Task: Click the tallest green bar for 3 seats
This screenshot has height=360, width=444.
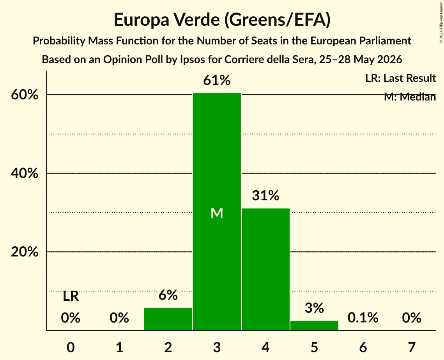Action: [x=217, y=212]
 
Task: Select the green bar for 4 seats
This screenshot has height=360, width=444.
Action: [x=265, y=269]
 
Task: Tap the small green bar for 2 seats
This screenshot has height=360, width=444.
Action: [x=168, y=319]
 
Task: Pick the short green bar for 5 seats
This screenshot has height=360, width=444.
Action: [x=314, y=325]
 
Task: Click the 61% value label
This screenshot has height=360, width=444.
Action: [x=217, y=80]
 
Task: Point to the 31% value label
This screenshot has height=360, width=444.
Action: [x=265, y=196]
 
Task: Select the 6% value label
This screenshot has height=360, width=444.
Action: [x=168, y=295]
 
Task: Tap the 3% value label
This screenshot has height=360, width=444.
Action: [x=314, y=308]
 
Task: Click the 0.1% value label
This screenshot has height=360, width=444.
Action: [x=363, y=318]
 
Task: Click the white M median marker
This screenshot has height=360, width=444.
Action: [x=217, y=213]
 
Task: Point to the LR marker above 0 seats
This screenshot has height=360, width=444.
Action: [x=71, y=296]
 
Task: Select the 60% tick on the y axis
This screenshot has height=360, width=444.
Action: [x=24, y=95]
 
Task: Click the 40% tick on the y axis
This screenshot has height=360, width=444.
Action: [x=24, y=173]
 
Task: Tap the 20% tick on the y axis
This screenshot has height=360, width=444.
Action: [x=24, y=252]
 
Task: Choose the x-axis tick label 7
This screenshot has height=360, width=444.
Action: [x=412, y=347]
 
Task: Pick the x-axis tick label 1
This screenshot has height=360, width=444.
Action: [x=120, y=347]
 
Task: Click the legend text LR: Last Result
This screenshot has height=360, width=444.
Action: [x=401, y=78]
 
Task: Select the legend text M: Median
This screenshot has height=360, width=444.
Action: [x=410, y=97]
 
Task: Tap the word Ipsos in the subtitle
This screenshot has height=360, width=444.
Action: [x=191, y=60]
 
